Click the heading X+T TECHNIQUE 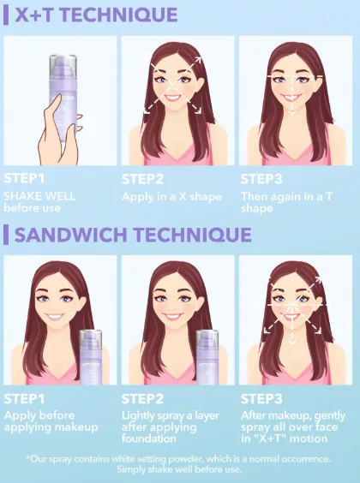96,15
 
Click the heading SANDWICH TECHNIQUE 133,235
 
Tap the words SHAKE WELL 39,196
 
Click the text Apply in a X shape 171,197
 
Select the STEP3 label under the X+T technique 261,179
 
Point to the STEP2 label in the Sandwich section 142,399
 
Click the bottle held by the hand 63,97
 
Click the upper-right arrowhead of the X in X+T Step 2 198,59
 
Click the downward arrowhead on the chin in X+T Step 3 292,113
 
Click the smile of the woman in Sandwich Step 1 56,316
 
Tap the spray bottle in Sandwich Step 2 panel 207,357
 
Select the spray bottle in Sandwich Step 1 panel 91,357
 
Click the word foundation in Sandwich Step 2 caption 148,438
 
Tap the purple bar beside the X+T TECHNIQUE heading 6,15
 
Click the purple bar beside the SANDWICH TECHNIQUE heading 6,235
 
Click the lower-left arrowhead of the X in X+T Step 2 147,110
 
